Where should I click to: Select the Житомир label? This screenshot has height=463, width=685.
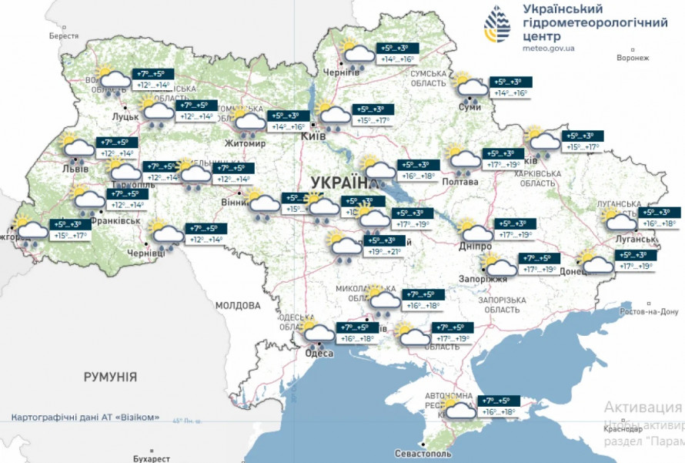coord(244,144)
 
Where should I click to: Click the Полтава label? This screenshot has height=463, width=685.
coord(460,182)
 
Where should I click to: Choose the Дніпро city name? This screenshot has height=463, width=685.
coord(474,246)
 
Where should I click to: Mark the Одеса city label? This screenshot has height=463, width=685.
coord(319,353)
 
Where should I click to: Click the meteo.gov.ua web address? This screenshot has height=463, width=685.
coord(548,49)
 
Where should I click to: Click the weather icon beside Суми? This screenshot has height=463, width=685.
coord(469,88)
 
